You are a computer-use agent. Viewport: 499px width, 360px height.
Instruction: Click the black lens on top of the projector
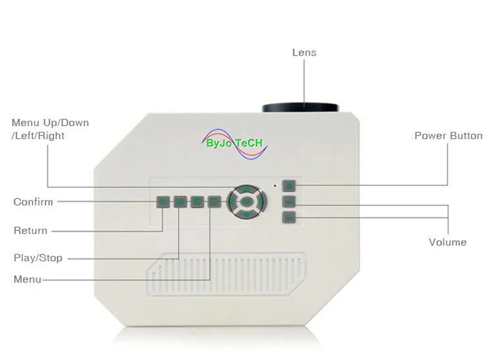[x=301, y=107]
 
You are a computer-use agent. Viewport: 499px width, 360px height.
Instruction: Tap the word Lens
[x=304, y=52]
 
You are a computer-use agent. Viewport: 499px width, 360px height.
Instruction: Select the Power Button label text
[x=448, y=136]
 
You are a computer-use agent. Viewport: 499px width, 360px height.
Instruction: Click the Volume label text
[x=448, y=242]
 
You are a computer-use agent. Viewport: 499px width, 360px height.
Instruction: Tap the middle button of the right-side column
[x=289, y=202]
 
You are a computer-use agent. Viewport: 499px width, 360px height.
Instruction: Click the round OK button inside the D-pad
[x=247, y=201]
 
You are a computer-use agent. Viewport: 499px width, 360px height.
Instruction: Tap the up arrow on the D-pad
[x=247, y=189]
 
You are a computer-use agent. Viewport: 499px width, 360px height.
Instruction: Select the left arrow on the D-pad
[x=232, y=201]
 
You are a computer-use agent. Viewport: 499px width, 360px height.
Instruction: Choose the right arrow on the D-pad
[x=261, y=201]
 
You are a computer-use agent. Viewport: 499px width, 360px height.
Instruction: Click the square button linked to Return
[x=163, y=202]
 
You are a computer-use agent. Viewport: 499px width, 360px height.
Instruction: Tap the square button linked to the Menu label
[x=213, y=202]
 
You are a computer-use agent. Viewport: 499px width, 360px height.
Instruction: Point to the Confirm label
[x=33, y=202]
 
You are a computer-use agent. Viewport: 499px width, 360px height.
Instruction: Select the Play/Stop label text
[x=38, y=258]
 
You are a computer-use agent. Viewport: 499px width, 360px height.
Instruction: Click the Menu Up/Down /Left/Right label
[x=50, y=129]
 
